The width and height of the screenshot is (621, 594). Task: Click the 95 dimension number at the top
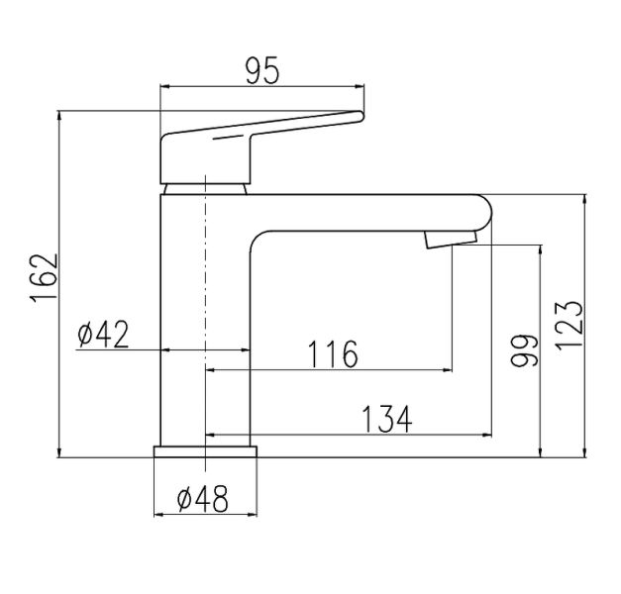[x=262, y=71]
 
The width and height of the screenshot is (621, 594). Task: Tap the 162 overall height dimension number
[x=44, y=279]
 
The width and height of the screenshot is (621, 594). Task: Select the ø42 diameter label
[x=103, y=334]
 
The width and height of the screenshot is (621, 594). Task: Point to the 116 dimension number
[x=333, y=354]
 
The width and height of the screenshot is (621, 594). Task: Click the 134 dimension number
[x=387, y=419]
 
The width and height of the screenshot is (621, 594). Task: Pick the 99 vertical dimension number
[x=524, y=350]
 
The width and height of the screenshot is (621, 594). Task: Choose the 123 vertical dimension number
[x=569, y=326]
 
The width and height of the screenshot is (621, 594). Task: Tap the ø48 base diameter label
[x=203, y=499]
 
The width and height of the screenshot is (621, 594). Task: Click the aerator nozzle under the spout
[x=451, y=240]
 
